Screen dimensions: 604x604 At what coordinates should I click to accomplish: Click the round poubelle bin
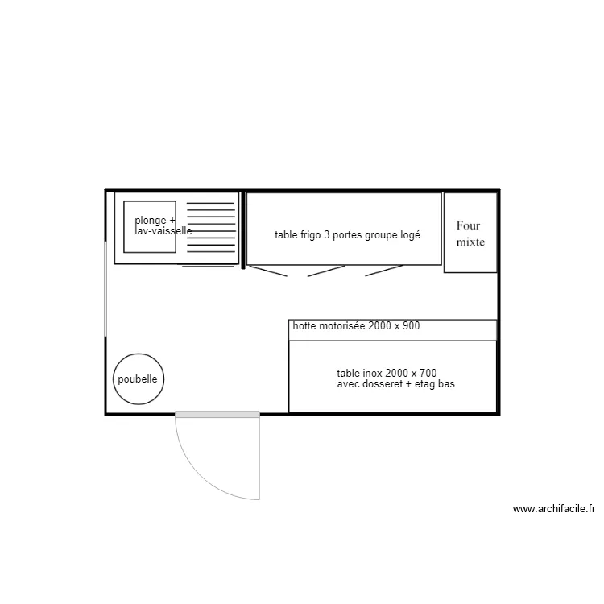click(x=139, y=379)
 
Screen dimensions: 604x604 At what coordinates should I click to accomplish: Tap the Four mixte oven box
click(x=470, y=232)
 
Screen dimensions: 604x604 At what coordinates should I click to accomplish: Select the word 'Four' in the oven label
click(x=468, y=225)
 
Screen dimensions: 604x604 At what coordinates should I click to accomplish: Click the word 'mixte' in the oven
click(x=470, y=242)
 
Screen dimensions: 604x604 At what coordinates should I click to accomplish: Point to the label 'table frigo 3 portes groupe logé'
click(x=347, y=235)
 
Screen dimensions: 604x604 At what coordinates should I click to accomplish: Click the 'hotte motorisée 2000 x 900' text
click(x=356, y=326)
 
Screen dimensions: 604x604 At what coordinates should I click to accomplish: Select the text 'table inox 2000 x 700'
click(x=387, y=374)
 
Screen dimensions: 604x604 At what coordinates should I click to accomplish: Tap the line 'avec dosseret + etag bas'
click(x=395, y=385)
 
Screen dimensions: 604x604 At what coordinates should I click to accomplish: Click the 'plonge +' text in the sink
click(x=155, y=221)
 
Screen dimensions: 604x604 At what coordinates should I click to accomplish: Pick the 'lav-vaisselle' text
click(x=163, y=230)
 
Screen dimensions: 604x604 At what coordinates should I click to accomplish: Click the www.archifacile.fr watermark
click(x=554, y=509)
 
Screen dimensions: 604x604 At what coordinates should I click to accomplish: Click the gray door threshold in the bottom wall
click(x=217, y=415)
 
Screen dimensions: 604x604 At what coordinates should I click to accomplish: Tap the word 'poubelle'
click(x=139, y=379)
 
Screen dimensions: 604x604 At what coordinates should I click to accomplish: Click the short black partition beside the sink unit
click(x=242, y=230)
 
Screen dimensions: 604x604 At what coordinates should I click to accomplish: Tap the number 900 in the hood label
click(x=409, y=326)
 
